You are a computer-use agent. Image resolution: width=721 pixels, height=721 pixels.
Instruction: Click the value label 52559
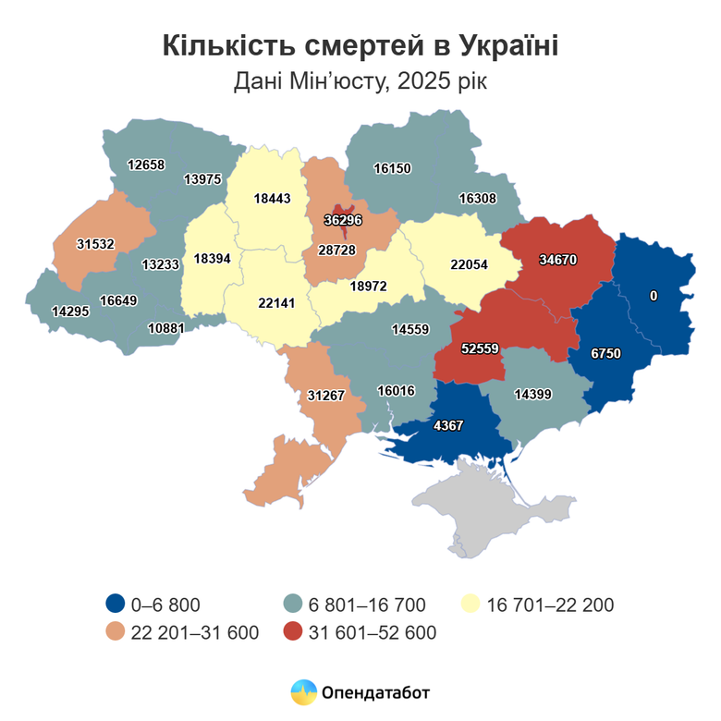coord(480,348)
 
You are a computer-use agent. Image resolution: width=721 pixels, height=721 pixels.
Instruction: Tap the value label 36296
coord(343,220)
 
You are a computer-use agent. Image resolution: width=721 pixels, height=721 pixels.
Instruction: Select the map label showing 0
coord(654,296)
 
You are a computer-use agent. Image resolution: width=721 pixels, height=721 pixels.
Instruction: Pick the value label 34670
coord(557,260)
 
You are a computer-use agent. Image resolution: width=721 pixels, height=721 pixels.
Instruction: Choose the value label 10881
coord(166,327)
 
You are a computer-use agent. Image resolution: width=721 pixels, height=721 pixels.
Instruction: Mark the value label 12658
coord(146,165)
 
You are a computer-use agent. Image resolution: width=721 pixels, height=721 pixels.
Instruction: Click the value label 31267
coord(325,395)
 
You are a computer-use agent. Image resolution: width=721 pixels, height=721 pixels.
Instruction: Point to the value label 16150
coord(392,168)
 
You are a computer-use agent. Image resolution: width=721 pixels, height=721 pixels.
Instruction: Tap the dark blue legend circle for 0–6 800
coord(115,605)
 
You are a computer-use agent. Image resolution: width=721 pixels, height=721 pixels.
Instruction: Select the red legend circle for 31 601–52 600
coord(293,632)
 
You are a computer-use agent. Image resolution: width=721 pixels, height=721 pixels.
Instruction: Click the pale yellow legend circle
coord(470,605)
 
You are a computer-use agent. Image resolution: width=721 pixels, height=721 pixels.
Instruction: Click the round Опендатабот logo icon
coord(303,691)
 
